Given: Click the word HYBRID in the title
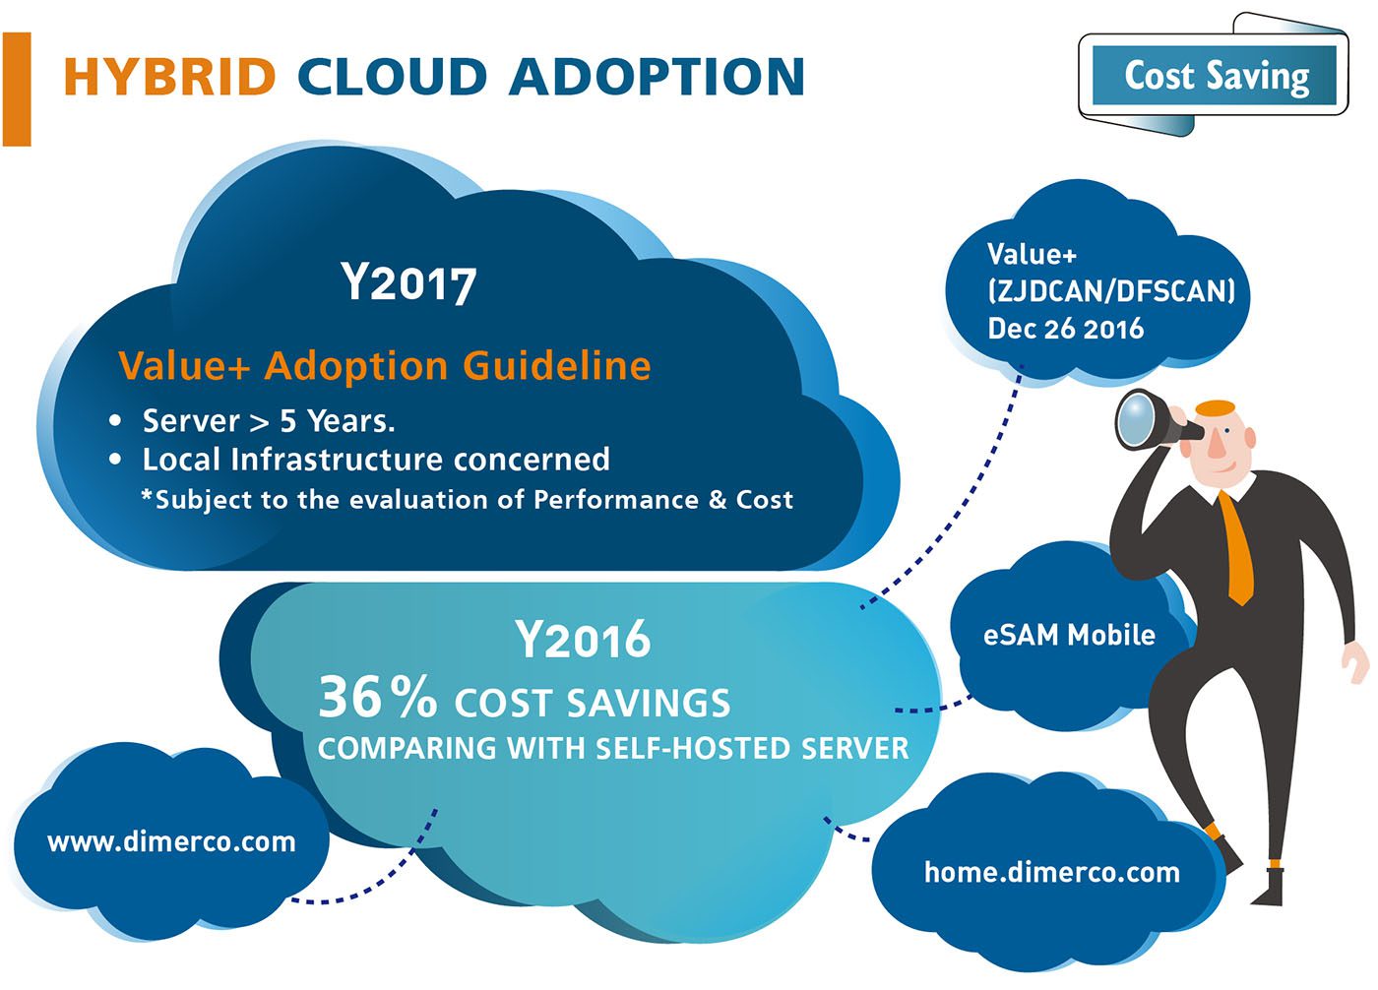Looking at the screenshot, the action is click(169, 78).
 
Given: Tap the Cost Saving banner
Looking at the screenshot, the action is click(1214, 76).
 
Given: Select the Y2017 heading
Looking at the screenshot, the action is click(408, 283).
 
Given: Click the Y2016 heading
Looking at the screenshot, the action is click(583, 640).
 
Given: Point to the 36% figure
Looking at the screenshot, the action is click(378, 698).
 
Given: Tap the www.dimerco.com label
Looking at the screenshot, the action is click(171, 841).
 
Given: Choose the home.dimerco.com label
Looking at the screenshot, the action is click(1052, 872).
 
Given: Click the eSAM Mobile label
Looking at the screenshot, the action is click(1069, 635).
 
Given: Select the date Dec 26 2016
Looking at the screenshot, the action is click(1065, 329).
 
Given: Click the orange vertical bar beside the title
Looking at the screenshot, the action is click(17, 90).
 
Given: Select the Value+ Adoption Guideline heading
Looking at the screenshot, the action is click(385, 366).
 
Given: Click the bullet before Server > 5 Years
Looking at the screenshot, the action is click(115, 421).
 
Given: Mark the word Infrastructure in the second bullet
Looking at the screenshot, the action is click(337, 460).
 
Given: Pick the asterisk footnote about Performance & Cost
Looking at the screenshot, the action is click(467, 499).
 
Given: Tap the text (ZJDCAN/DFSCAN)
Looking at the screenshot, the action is click(1111, 291).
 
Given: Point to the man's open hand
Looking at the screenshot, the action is click(1355, 661).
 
